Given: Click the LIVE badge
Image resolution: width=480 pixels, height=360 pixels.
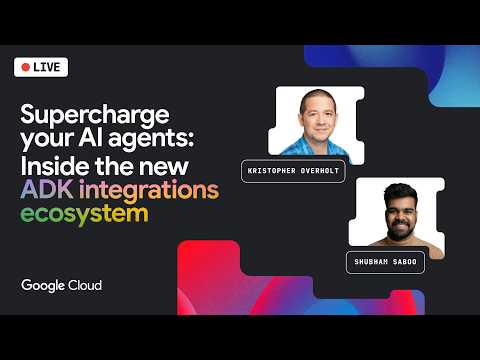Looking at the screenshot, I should pyautogui.click(x=41, y=68).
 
